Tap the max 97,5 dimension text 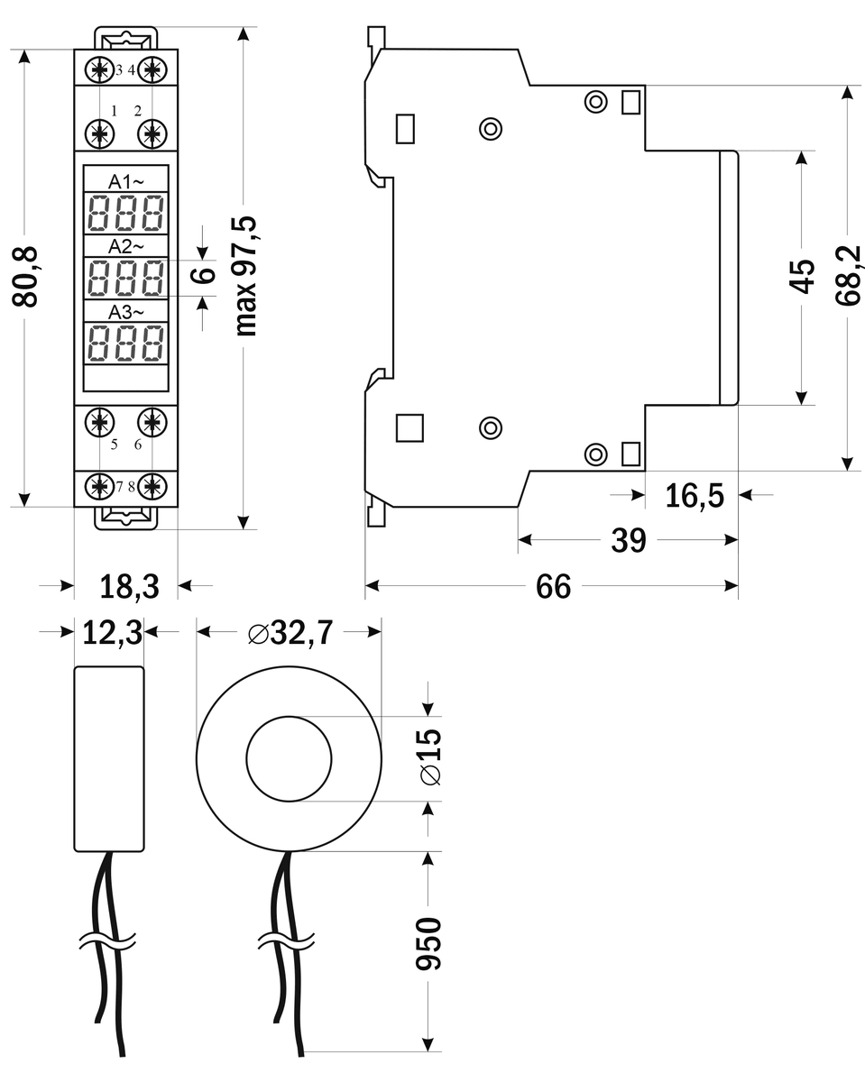(245, 276)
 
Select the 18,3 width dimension (129, 587)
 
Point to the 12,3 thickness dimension (113, 633)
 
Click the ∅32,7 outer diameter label (290, 633)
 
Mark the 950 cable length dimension (429, 943)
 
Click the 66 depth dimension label (553, 587)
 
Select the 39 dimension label (629, 540)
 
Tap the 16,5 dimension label (695, 495)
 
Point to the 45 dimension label (802, 277)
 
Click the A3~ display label (126, 312)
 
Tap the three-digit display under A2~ (126, 278)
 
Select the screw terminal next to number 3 (98, 69)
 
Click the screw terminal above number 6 (153, 420)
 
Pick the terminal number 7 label (119, 487)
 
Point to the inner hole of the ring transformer (289, 757)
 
